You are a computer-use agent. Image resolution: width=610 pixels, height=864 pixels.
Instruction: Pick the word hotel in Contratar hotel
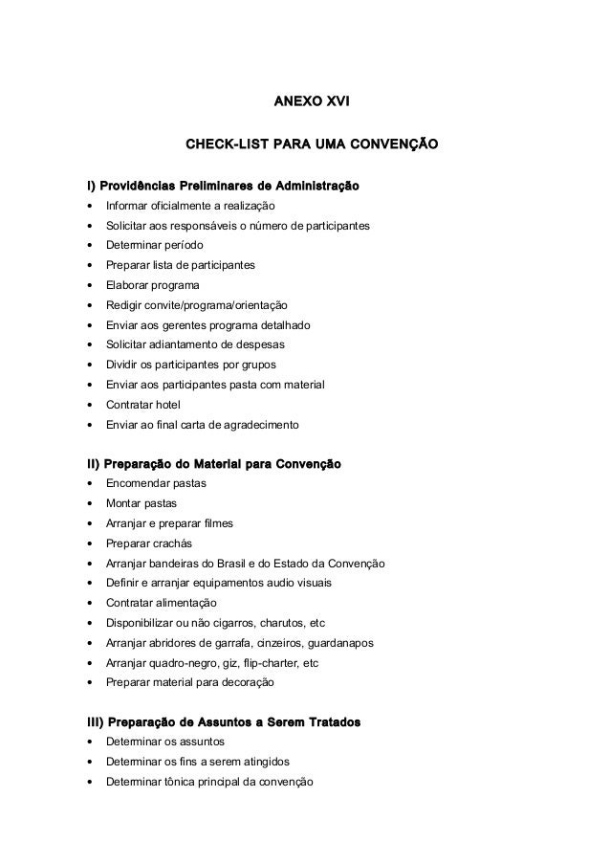pyautogui.click(x=168, y=405)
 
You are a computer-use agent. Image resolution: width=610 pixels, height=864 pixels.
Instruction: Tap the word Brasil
pyautogui.click(x=252, y=564)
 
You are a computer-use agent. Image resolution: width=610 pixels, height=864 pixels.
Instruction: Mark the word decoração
pyautogui.click(x=249, y=683)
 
